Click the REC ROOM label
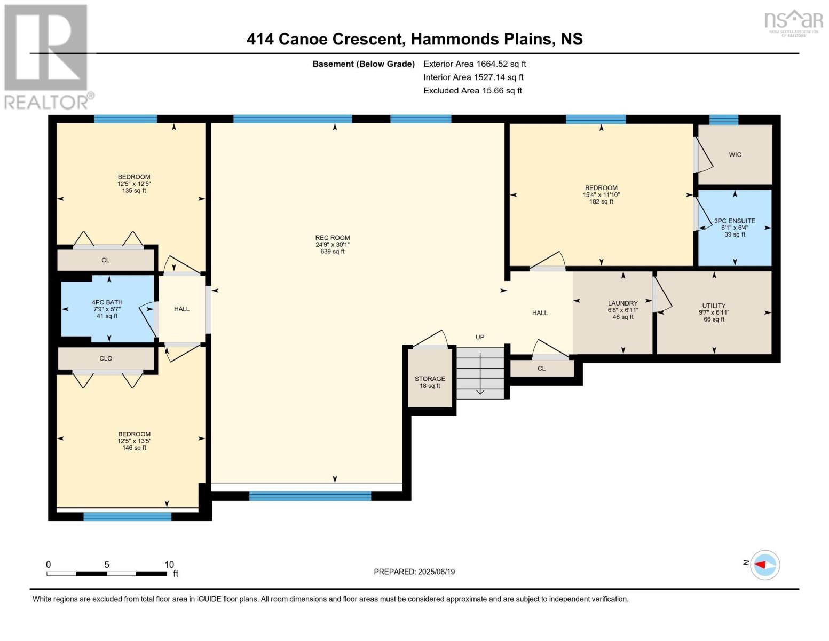tap(332, 238)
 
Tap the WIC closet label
tap(735, 155)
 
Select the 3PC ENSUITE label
tap(735, 221)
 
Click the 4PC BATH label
tap(107, 302)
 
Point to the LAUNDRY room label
tap(622, 303)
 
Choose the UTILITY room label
tap(714, 306)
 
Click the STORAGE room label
tap(430, 379)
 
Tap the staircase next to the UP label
tap(480, 373)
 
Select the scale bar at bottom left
tap(107, 574)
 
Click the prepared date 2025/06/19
tap(436, 572)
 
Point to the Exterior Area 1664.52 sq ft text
tap(475, 64)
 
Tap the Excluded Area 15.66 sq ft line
tap(472, 91)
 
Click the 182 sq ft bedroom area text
tap(601, 202)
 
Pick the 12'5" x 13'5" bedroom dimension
tap(135, 441)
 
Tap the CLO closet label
tap(106, 358)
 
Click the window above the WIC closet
tap(723, 120)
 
